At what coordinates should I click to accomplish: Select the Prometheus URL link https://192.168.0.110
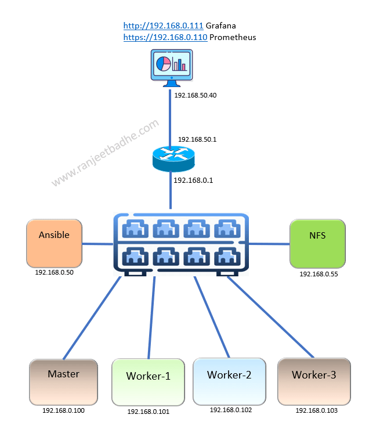pos(165,37)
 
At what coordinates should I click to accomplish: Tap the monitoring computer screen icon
pos(172,67)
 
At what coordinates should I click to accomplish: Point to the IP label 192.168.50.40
pos(194,95)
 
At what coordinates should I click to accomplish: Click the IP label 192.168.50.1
pos(197,139)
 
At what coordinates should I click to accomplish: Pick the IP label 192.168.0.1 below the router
pos(193,180)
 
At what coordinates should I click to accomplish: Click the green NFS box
pos(317,244)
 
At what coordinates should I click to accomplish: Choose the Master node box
pos(63,381)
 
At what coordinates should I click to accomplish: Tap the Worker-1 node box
pos(148,381)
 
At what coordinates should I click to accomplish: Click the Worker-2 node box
pos(229,380)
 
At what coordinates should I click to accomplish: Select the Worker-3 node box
pos(314,381)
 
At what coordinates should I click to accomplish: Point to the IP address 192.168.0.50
pos(55,272)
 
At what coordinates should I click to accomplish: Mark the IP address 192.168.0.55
pos(319,274)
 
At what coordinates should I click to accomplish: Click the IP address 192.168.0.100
pos(63,410)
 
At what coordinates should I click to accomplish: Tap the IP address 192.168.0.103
pos(316,410)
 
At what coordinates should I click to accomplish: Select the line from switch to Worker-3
pos(270,317)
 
